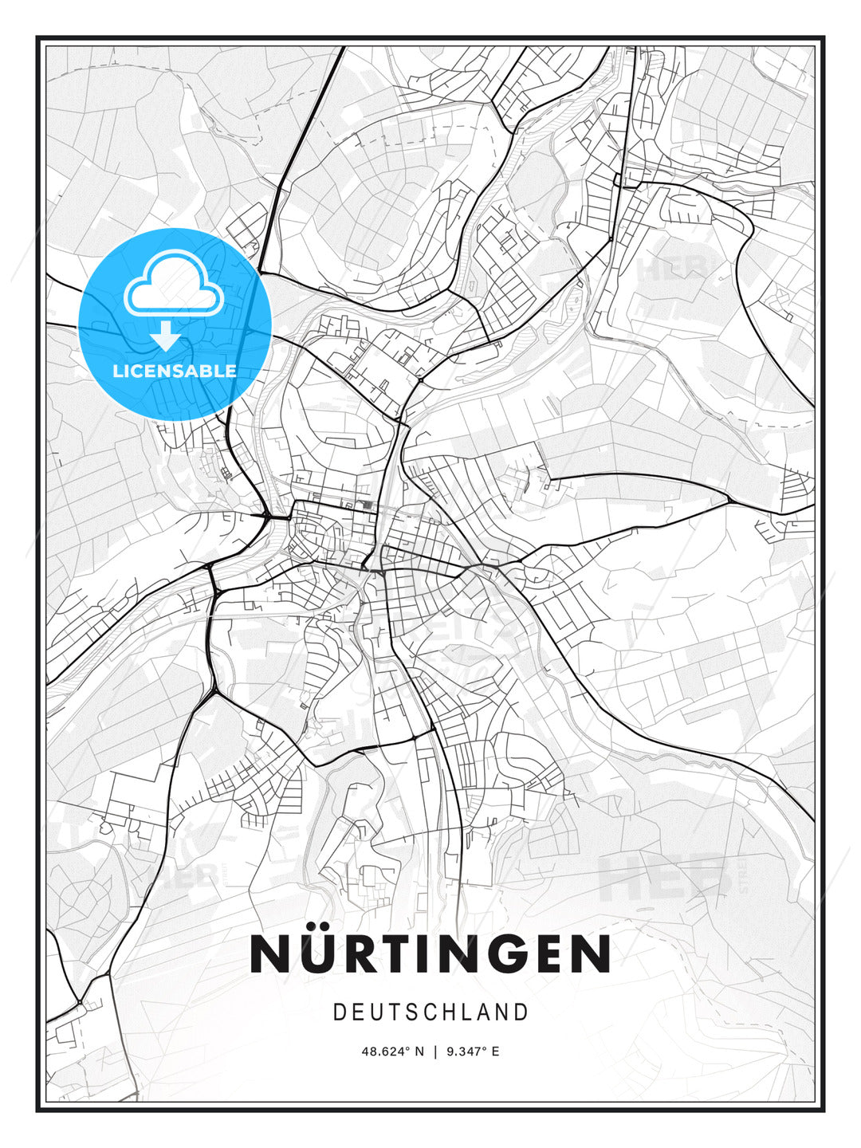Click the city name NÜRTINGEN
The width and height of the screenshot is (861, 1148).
(431, 954)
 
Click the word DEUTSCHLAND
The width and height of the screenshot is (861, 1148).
(431, 1012)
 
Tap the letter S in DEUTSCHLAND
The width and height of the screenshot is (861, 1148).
(412, 1012)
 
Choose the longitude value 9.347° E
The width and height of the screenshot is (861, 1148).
(473, 1052)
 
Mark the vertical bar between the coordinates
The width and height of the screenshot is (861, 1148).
(435, 1052)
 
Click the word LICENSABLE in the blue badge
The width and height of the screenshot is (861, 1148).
(175, 371)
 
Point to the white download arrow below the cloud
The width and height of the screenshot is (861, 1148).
(166, 336)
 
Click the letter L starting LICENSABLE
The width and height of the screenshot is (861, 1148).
(117, 371)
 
